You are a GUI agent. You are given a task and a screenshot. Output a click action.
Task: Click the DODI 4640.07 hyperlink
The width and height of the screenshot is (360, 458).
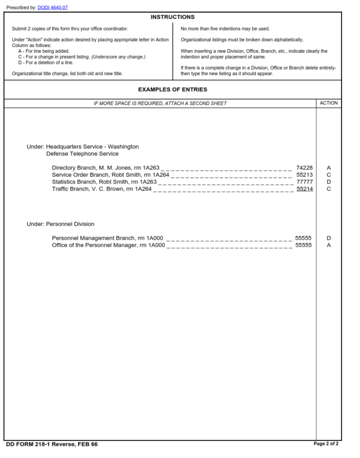click(x=52, y=8)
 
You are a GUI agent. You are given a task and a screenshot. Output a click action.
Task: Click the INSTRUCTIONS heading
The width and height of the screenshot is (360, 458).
click(x=172, y=17)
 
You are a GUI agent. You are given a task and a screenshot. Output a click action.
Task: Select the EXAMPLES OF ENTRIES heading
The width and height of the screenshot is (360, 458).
click(x=172, y=89)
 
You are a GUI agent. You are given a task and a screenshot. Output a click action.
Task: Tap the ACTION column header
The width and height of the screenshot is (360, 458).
click(x=329, y=103)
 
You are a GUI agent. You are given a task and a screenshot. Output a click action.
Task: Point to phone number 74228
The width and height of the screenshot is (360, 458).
click(x=305, y=168)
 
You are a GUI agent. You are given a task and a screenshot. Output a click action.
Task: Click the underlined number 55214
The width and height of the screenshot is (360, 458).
click(x=305, y=189)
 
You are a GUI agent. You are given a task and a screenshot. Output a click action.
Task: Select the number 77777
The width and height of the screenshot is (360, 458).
click(x=305, y=182)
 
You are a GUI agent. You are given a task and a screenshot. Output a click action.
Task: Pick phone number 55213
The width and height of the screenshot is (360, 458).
click(x=305, y=175)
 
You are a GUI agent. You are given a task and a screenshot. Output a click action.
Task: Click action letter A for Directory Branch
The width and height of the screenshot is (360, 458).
click(x=329, y=168)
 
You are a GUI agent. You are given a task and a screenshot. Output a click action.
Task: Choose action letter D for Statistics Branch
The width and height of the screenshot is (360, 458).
click(x=329, y=182)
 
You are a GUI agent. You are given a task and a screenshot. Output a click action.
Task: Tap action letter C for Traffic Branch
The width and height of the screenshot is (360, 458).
click(x=329, y=189)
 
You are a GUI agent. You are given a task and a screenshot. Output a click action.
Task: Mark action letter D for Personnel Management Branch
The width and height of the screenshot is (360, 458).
click(x=329, y=238)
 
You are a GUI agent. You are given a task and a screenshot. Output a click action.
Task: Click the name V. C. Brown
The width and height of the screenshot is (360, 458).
click(x=108, y=189)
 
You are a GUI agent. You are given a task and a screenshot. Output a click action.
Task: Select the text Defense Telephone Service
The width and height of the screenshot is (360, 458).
click(x=82, y=154)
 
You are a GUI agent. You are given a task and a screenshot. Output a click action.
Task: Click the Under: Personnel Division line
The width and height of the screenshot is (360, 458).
click(x=60, y=224)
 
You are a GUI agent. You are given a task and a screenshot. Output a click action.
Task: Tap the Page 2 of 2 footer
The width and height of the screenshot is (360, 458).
click(x=326, y=444)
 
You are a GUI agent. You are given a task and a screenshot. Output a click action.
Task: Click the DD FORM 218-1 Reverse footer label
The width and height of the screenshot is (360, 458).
click(x=52, y=444)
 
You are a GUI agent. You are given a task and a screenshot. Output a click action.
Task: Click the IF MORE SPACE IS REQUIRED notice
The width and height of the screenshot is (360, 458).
click(x=160, y=103)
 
